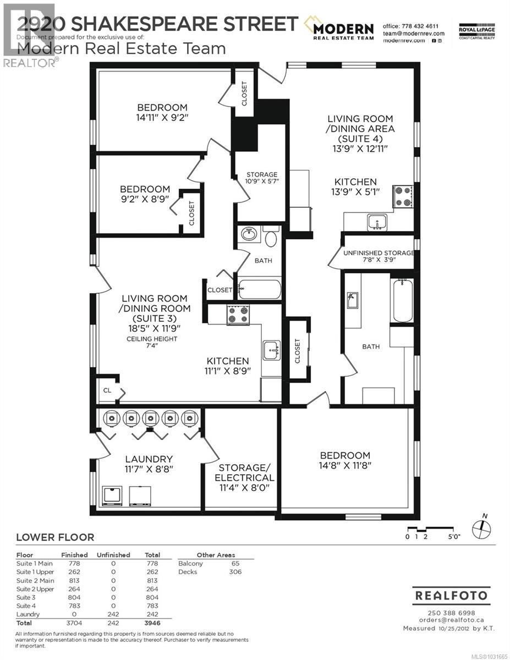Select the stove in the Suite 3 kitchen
click(238, 315)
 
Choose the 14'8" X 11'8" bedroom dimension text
click(346, 466)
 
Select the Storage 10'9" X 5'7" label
click(261, 178)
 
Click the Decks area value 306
click(235, 572)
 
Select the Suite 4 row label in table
click(25, 606)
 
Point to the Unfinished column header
click(113, 555)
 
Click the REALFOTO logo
click(451, 596)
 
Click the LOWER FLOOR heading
click(55, 537)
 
